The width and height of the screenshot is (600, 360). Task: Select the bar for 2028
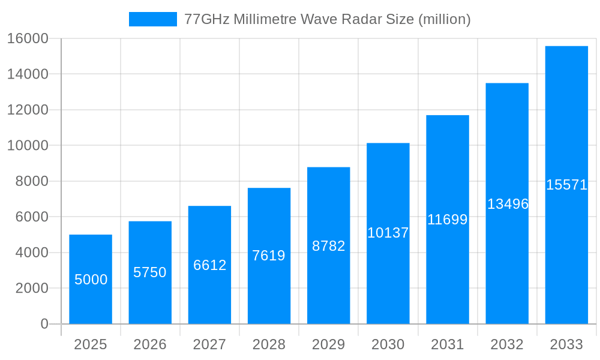[269, 288]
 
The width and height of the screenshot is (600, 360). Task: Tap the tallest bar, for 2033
[566, 252]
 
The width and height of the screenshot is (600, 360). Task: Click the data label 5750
[150, 272]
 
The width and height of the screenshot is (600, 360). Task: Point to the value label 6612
[209, 265]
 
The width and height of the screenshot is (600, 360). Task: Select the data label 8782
[328, 246]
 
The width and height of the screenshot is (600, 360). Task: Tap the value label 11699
[447, 220]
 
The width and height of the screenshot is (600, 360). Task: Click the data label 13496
[508, 204]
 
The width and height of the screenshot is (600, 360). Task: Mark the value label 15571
[566, 185]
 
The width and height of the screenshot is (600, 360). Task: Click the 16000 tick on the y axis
[28, 39]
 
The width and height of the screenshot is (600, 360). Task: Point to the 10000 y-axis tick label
[28, 146]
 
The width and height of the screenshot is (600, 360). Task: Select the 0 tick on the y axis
[44, 324]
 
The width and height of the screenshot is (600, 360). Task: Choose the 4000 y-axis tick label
[31, 253]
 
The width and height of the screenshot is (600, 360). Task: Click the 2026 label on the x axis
[150, 344]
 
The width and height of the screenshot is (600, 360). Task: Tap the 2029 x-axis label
[328, 344]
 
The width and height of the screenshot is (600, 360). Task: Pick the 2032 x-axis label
[507, 344]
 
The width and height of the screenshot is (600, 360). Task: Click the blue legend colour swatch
[153, 19]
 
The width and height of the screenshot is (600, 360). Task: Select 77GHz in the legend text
[206, 19]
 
